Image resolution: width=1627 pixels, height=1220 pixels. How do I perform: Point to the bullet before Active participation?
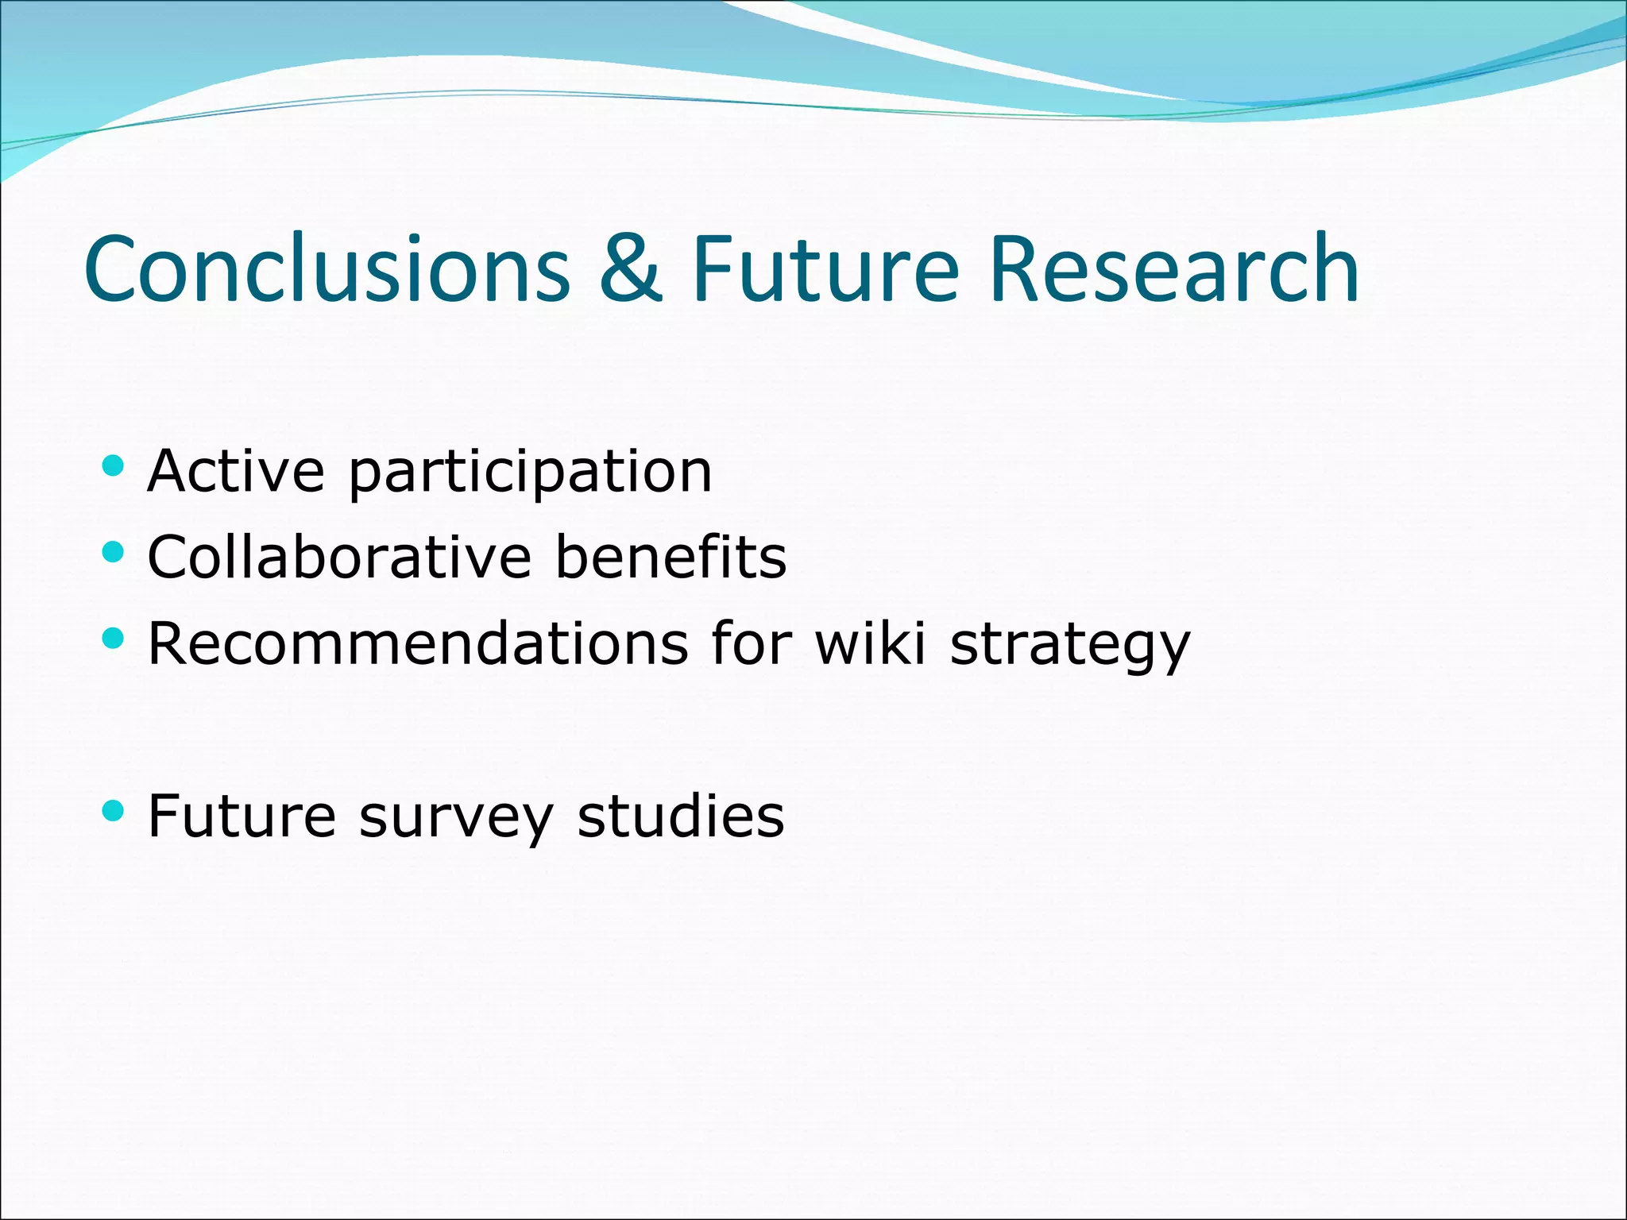point(114,465)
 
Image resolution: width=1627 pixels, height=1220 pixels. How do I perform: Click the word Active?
point(236,471)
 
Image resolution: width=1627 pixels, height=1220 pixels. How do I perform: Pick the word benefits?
point(670,557)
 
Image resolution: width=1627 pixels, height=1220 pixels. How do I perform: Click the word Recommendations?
point(418,643)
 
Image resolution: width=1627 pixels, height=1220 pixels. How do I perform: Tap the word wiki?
point(871,643)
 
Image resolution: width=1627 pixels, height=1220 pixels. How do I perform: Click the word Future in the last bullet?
point(242,816)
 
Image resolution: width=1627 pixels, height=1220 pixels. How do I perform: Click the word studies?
point(680,816)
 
